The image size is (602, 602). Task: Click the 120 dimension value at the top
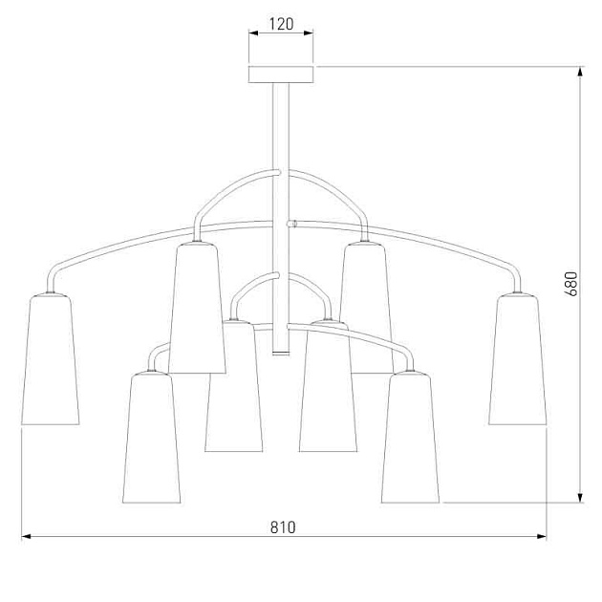pos(281,24)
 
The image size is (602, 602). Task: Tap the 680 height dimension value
pos(570,284)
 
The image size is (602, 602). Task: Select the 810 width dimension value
pos(283,527)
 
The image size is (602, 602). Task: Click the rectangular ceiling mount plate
pos(281,75)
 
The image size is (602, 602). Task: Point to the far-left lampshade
pos(51,359)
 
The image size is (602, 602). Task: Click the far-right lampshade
pos(518,359)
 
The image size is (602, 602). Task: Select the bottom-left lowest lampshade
pos(151,437)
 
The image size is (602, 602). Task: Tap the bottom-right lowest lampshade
pos(411,437)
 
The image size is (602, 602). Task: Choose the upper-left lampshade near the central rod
pos(197,307)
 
